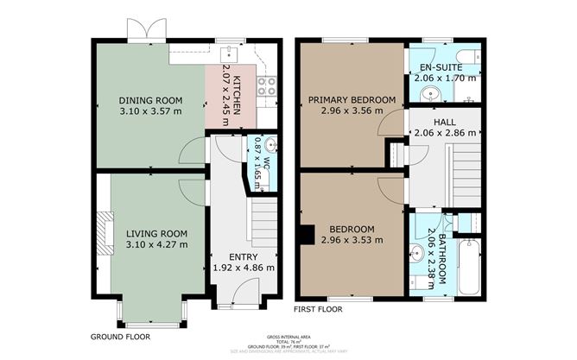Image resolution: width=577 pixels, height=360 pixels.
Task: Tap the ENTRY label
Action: point(243,256)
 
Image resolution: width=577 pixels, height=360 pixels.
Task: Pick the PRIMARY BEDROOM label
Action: point(352,100)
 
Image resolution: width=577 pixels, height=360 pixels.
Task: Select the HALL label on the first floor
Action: point(444,123)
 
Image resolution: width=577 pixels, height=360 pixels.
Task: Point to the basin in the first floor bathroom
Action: point(420,254)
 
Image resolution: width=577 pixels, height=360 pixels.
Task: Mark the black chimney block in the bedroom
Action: point(307,234)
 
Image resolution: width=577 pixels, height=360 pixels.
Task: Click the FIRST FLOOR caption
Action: point(317,308)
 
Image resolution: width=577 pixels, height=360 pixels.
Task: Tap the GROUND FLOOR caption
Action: point(119,336)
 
